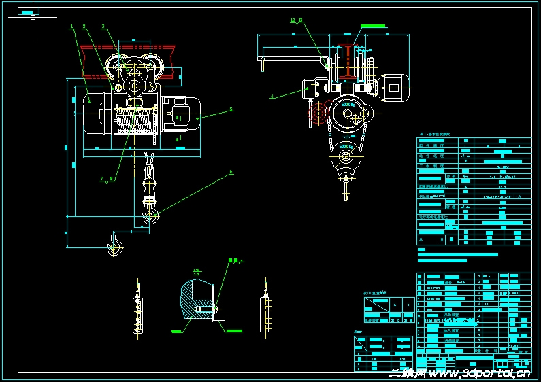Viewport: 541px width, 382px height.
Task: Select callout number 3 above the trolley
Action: (x=103, y=27)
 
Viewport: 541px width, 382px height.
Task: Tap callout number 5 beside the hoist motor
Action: (x=230, y=109)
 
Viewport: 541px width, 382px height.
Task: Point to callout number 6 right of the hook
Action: (x=231, y=172)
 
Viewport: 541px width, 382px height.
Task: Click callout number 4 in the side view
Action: (x=272, y=97)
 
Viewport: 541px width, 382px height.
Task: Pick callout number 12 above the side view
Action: (x=292, y=20)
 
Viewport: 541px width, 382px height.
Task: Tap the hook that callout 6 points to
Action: (x=151, y=217)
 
